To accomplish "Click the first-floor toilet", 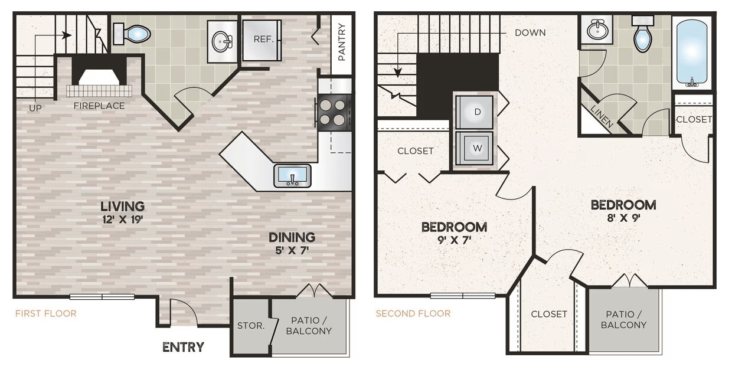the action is [132, 34].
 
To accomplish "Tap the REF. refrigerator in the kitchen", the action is [262, 40].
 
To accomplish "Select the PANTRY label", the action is [341, 42].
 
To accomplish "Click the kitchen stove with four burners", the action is [334, 113].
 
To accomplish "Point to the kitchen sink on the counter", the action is [292, 176].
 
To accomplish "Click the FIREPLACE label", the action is [99, 106].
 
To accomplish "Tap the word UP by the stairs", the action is [35, 108].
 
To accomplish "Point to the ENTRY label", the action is [184, 347].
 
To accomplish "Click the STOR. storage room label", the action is [251, 326].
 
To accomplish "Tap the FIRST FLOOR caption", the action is [46, 313].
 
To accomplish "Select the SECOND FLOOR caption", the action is [413, 313].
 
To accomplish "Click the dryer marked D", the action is [475, 112].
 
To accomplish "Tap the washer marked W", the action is [475, 148].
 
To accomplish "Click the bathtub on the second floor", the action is [692, 53].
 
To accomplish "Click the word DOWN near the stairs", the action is [530, 32].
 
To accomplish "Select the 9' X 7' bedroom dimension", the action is [454, 240].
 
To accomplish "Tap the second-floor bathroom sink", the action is [597, 30].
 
